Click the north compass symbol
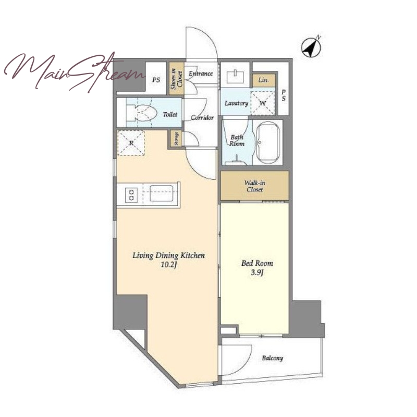click(x=311, y=47)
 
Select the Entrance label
click(x=201, y=73)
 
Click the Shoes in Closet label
click(x=177, y=79)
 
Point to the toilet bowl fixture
click(x=141, y=113)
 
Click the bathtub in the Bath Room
click(x=267, y=142)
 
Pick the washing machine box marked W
click(x=263, y=103)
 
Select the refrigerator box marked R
click(x=131, y=143)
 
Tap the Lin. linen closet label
click(x=263, y=80)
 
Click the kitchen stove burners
click(x=131, y=194)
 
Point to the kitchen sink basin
click(x=162, y=193)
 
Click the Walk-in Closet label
click(x=255, y=186)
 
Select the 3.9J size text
click(x=257, y=273)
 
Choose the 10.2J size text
click(x=169, y=265)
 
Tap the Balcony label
click(x=272, y=358)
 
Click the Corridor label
click(x=202, y=117)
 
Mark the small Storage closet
click(x=176, y=139)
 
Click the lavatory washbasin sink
click(x=236, y=76)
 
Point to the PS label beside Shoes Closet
click(x=156, y=80)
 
